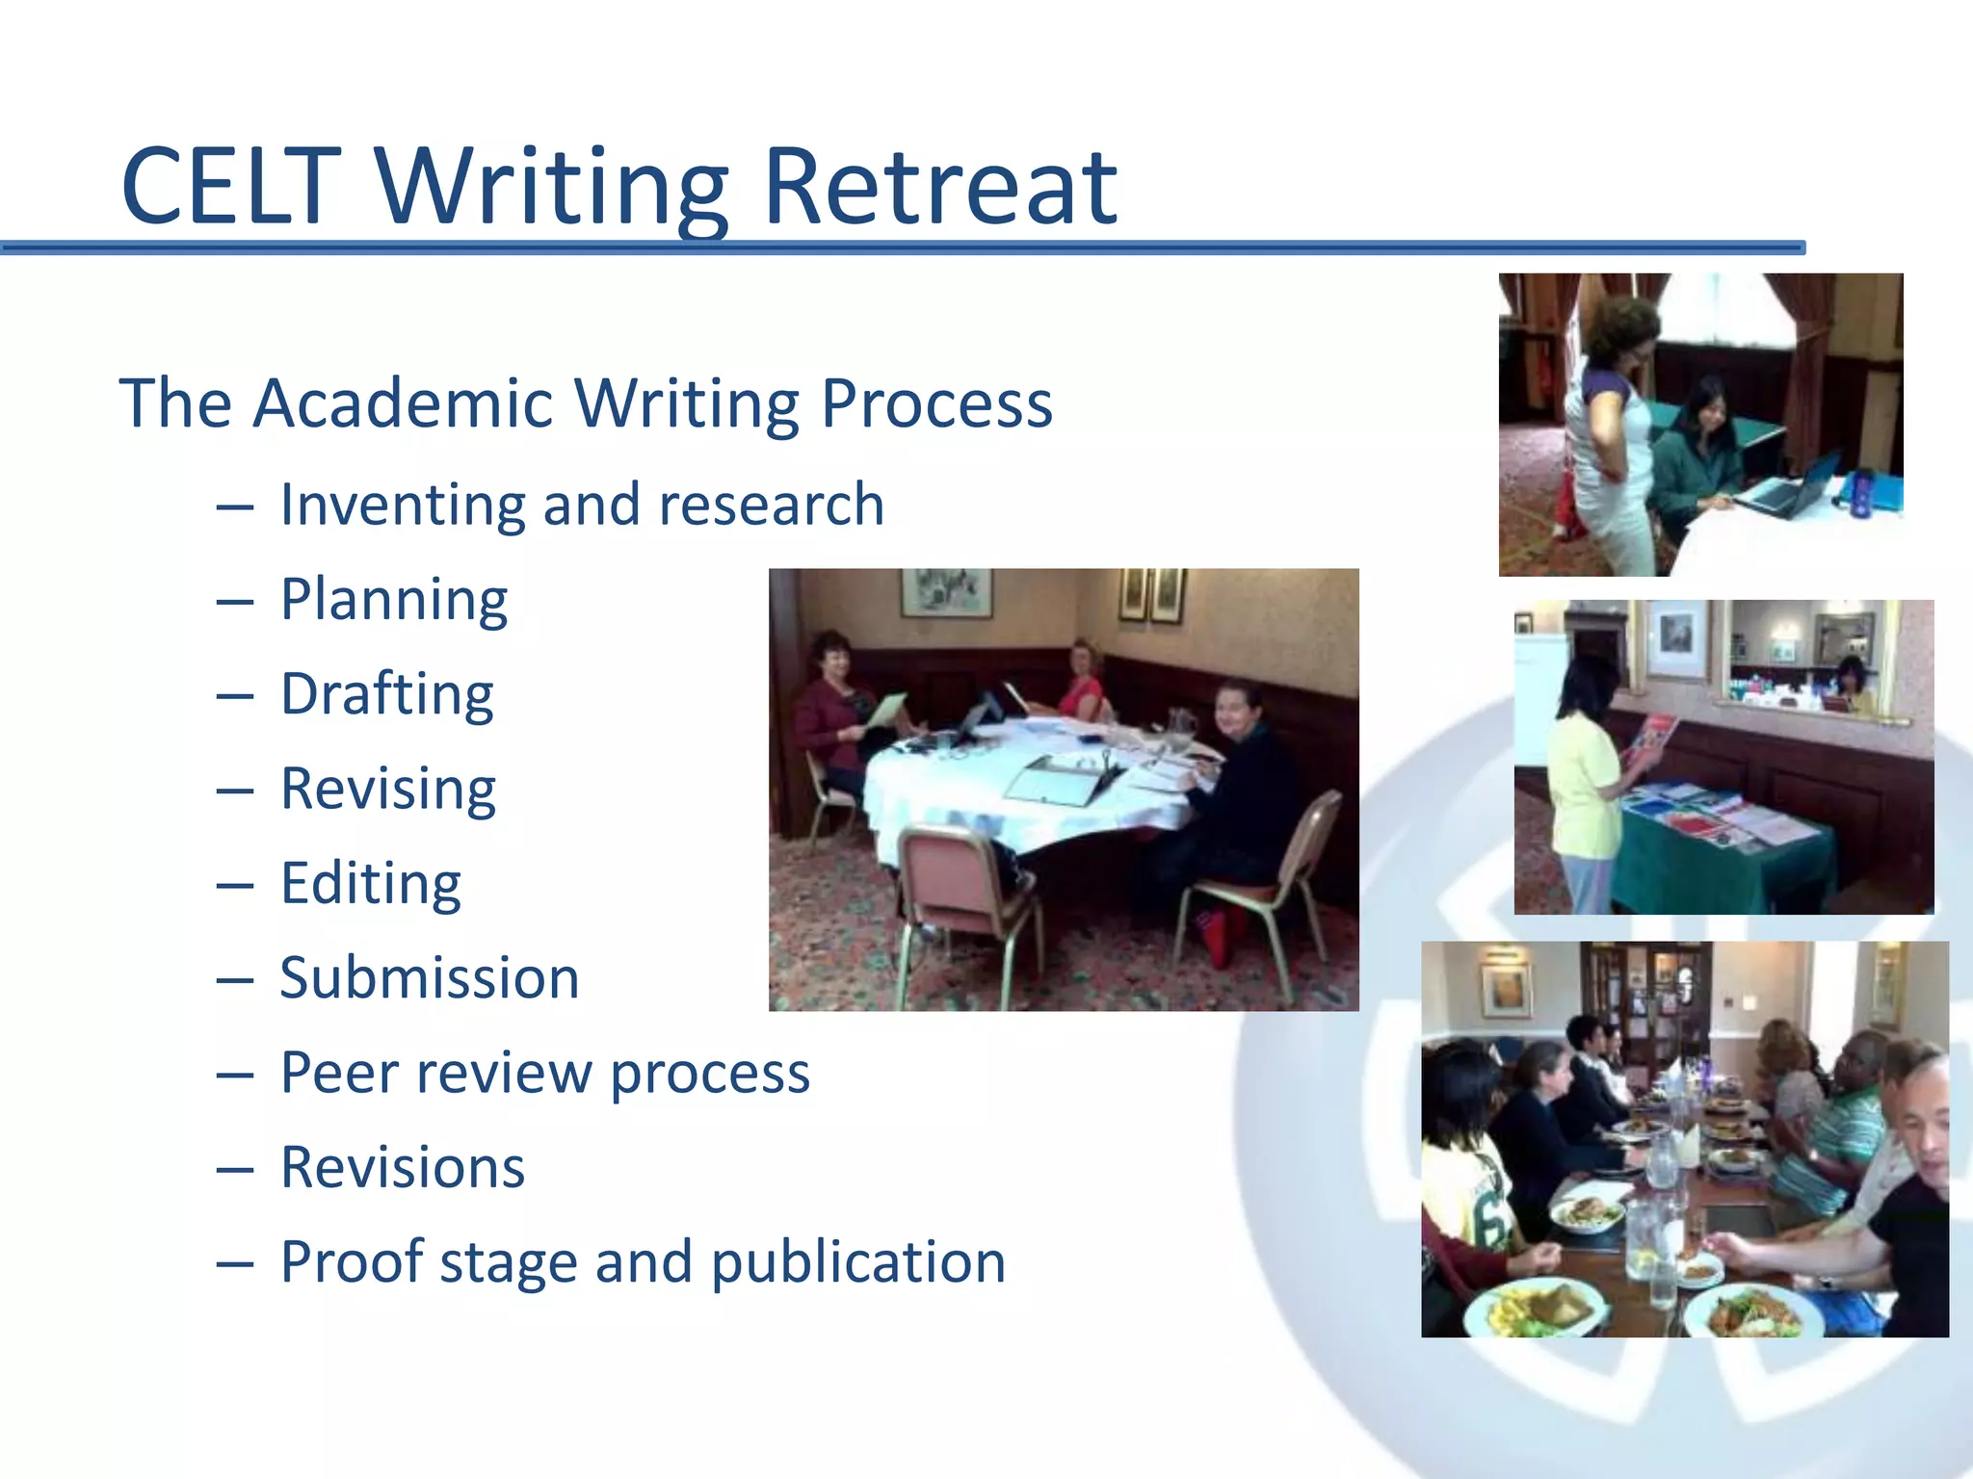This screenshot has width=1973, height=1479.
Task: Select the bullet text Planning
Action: point(393,601)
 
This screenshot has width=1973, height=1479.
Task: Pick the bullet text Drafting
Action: point(386,694)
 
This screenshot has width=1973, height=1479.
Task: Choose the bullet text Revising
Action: point(387,790)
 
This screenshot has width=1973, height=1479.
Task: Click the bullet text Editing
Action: point(371,884)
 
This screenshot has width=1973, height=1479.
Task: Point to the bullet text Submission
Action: point(430,978)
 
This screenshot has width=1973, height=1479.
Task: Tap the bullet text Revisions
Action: point(402,1168)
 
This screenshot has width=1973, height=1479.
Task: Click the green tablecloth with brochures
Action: point(1724,847)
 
